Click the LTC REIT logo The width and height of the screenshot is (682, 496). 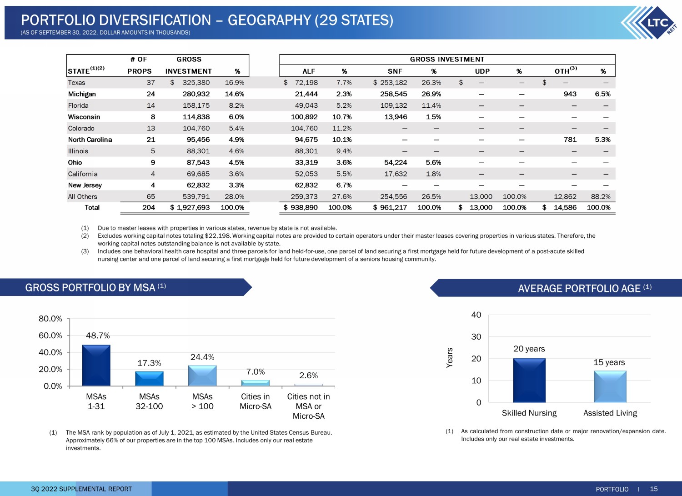[x=650, y=23]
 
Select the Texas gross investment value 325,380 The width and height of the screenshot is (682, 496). [x=196, y=82]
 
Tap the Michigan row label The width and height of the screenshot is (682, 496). [x=82, y=94]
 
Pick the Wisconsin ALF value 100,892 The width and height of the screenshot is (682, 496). [x=304, y=117]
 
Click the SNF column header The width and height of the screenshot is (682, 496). [x=395, y=71]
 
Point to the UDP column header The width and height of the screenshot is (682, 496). [x=482, y=71]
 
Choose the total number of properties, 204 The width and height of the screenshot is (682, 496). [x=149, y=208]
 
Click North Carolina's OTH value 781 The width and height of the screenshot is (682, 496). [x=570, y=140]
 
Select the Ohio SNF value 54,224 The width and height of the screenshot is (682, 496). [x=396, y=163]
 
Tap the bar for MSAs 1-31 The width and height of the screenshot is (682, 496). [x=96, y=366]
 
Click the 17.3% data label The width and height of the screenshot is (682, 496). [x=149, y=363]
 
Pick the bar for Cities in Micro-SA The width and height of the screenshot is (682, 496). [x=256, y=383]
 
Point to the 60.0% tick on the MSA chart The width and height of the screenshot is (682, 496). [x=50, y=336]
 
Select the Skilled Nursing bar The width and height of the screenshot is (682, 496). [x=529, y=381]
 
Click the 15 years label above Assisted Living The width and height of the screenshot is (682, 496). [x=609, y=362]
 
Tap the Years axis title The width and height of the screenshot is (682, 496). [x=449, y=358]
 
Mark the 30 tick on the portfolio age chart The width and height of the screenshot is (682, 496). [x=476, y=337]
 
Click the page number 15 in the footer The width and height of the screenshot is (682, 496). [x=654, y=489]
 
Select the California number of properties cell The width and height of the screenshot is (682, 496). [x=153, y=174]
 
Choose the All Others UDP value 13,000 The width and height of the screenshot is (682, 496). [x=481, y=197]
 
